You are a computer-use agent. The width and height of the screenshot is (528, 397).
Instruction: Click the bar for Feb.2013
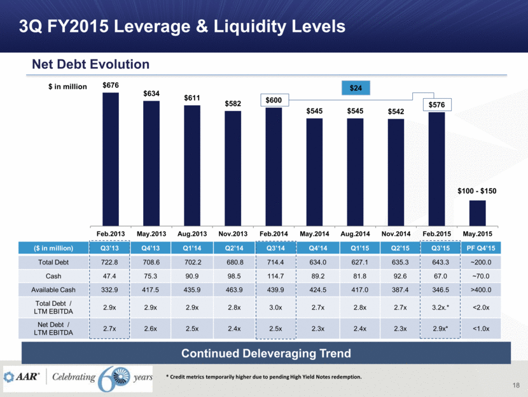click(x=111, y=156)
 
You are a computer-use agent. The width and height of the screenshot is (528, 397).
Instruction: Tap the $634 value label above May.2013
click(x=151, y=94)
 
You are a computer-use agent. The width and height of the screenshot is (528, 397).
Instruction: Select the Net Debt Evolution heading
click(x=91, y=64)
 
